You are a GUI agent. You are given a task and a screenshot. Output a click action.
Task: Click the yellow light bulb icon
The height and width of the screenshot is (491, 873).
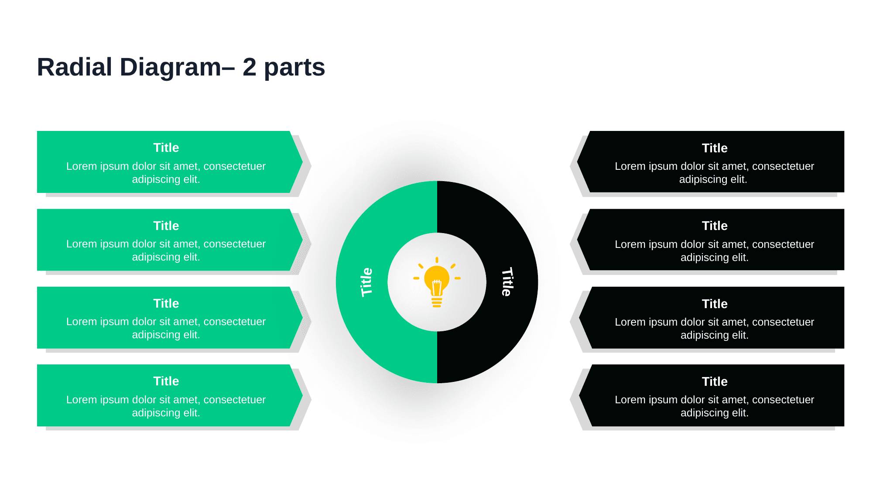437,279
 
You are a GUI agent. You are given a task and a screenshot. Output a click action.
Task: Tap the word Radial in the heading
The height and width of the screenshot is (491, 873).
75,68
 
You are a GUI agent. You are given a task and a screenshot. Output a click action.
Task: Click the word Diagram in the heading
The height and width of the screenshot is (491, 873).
170,68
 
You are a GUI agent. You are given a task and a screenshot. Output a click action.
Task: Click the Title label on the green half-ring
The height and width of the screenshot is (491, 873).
366,282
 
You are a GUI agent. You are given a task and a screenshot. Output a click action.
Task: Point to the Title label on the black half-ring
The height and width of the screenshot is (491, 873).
507,282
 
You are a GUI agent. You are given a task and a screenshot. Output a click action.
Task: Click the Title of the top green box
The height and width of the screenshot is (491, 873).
166,148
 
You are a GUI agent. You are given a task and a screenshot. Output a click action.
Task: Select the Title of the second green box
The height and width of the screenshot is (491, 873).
166,226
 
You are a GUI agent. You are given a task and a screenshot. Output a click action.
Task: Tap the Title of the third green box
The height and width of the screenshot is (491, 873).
166,303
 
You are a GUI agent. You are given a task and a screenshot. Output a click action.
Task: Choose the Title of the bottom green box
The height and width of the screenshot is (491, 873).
166,381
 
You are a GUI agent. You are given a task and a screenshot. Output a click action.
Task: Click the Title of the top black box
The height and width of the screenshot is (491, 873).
714,148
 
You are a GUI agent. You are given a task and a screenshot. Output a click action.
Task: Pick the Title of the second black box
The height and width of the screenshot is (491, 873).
714,226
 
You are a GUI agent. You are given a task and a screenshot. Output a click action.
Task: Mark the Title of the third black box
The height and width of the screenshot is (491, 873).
714,304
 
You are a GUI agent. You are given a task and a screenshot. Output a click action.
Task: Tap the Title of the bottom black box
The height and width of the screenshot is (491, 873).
714,381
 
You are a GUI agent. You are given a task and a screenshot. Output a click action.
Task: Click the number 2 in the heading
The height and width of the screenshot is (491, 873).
249,68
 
